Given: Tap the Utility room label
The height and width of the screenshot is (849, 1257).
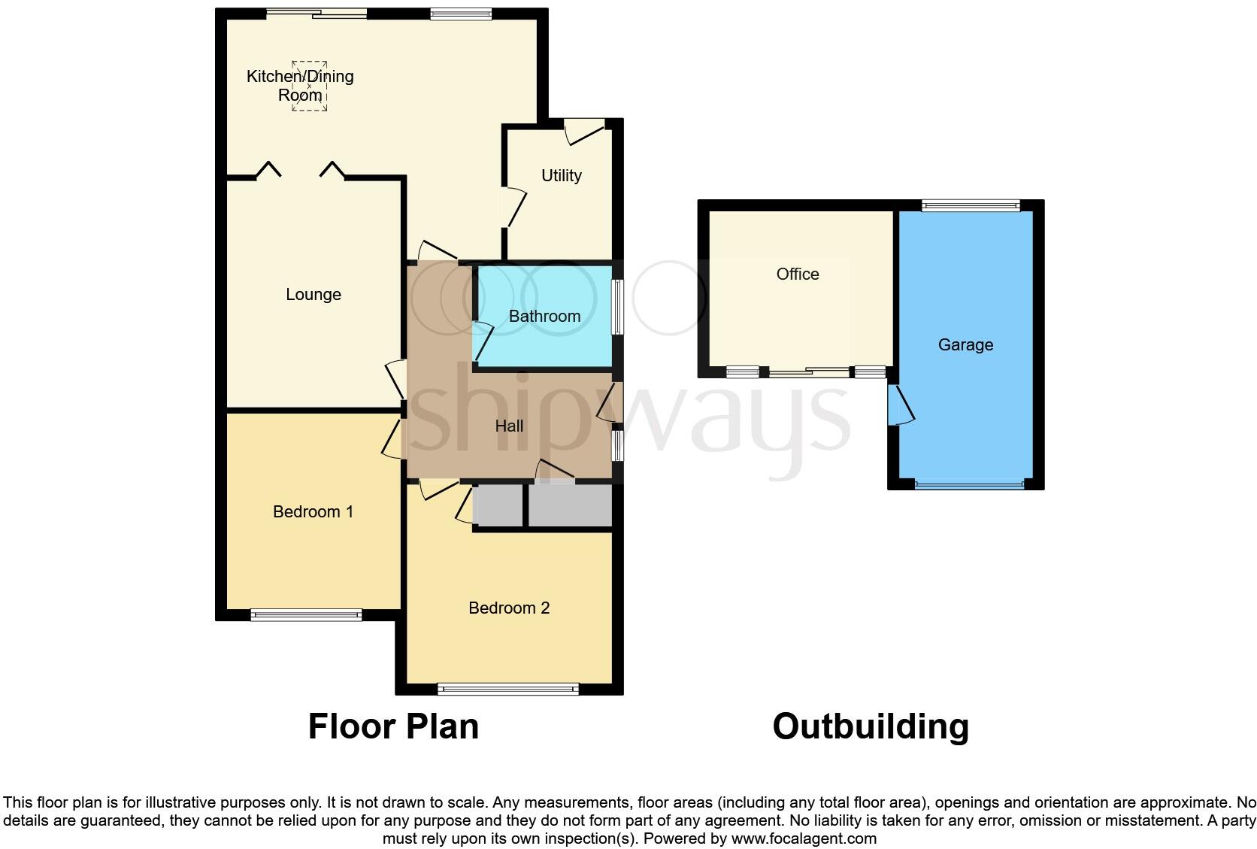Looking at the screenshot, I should [562, 175].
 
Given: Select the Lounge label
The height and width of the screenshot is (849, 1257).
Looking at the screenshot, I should [313, 295].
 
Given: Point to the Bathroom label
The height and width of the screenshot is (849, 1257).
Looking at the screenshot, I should [544, 317].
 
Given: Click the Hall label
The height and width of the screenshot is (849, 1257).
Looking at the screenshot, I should [509, 426].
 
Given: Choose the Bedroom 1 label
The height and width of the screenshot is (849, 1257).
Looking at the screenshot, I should [313, 512].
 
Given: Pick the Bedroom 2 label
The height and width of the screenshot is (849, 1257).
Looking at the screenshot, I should [509, 608].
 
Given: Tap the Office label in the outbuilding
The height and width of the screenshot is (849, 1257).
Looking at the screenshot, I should [798, 274].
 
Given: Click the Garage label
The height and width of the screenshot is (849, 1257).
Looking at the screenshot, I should [965, 345].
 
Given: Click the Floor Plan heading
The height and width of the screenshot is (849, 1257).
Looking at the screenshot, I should [393, 726].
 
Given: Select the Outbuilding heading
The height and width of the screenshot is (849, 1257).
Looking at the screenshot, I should [871, 726].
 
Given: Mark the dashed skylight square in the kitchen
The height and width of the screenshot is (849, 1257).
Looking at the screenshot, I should [310, 86].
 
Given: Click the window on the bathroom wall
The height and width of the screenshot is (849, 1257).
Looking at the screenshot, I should [616, 307].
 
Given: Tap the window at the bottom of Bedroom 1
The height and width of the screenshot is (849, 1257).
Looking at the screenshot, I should [306, 615].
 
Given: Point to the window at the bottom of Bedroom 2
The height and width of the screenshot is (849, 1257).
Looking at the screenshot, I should [508, 688].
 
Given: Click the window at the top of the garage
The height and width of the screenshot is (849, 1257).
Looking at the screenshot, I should [971, 205].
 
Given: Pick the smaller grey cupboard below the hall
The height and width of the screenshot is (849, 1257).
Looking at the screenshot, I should [498, 505].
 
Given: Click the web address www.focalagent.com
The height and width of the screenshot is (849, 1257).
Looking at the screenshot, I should [804, 838].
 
